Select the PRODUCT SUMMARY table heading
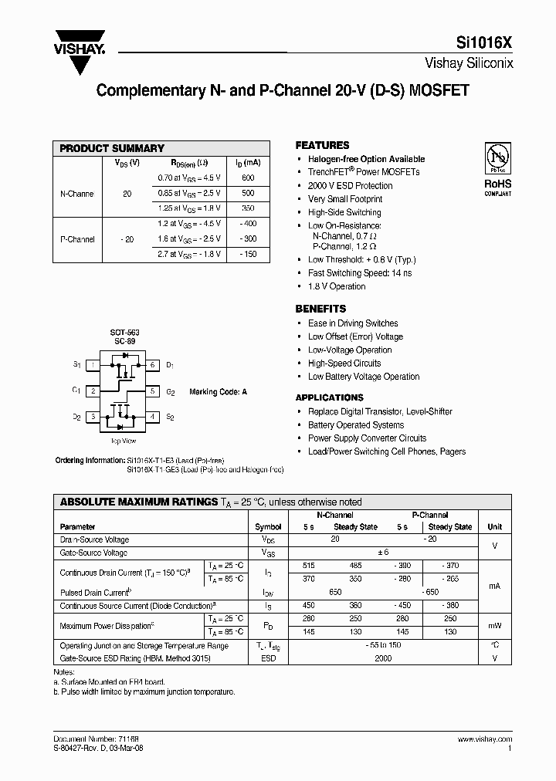pos(112,148)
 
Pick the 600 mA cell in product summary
pos(249,177)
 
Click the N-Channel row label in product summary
pos(76,194)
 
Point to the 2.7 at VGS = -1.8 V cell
pos(189,254)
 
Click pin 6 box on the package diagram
pos(152,364)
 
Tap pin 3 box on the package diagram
pos(93,417)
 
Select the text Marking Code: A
pos(218,392)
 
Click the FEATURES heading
pos(322,145)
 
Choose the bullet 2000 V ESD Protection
pos(350,186)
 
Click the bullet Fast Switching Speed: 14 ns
pos(360,273)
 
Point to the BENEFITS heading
pos(320,309)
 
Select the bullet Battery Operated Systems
pos(355,425)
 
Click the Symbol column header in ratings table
pos(268,527)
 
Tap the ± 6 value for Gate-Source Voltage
pos(382,553)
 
